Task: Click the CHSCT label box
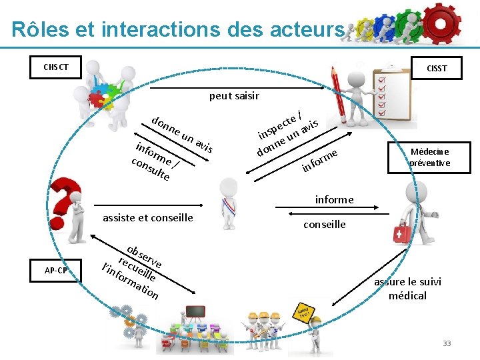(57, 67)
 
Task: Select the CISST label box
(437, 68)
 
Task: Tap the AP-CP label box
(56, 271)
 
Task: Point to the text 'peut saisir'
(234, 96)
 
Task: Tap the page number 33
(447, 343)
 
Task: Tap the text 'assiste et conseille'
(147, 217)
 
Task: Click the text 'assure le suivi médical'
(407, 288)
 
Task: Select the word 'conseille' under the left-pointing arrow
(325, 225)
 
